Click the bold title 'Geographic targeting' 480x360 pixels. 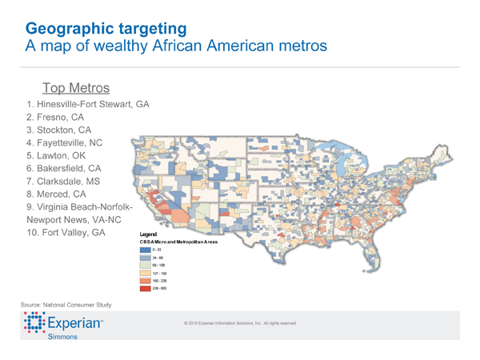106,28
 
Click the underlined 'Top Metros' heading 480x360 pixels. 76,86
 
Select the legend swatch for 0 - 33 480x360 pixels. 145,250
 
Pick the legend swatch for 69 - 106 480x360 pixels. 145,265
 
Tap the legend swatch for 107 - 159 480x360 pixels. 145,273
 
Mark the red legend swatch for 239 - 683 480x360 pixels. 145,287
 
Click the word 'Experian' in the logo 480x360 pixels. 76,325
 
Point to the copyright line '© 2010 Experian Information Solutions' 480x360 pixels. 240,323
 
